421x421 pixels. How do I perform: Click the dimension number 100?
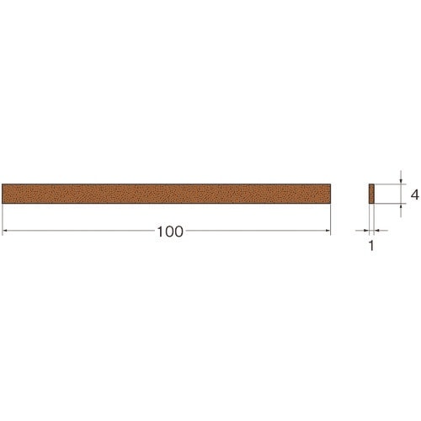pos(170,232)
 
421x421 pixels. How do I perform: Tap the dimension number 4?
pos(414,195)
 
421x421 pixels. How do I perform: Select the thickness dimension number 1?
pos(371,246)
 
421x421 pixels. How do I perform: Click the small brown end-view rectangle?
pos(371,194)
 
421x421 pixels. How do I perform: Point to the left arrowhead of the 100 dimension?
pos(4,231)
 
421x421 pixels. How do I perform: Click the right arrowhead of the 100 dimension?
pos(328,231)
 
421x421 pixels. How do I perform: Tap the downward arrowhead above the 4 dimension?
pos(401,182)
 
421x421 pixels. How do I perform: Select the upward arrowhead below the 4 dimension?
pos(401,205)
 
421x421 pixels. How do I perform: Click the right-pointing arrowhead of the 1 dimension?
pos(366,231)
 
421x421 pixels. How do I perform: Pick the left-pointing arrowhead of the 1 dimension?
pos(377,231)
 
